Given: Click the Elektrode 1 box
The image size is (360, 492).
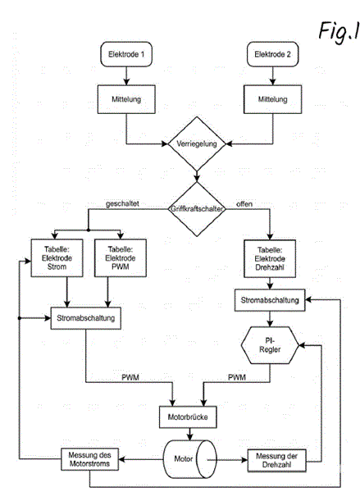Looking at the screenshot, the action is coord(126,54).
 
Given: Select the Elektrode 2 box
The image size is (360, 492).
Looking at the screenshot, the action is coord(272,54).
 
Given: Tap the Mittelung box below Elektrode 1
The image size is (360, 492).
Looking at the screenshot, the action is coord(126,99).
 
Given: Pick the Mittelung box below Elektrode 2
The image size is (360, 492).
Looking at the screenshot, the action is coord(272,99).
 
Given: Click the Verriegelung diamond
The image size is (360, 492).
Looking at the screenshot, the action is coord(197,143).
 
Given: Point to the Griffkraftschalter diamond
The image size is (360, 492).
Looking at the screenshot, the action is coord(197,209).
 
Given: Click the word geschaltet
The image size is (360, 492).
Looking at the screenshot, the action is coord(122,203).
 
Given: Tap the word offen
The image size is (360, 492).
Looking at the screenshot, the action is coord(244,204).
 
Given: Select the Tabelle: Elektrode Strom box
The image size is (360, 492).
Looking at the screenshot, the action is coord(57,258).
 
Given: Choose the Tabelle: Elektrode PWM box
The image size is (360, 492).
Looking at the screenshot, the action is coord(121,258).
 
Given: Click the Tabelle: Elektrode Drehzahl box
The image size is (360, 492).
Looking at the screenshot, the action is coord(270,258).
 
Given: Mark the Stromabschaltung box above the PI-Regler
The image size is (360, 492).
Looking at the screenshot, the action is coord(270,300).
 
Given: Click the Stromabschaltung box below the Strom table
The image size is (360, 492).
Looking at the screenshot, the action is coord(85,318).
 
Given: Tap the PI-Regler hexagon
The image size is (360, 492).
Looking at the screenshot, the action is coord(270,345).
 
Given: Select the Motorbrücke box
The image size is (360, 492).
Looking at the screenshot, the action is coord(188,417).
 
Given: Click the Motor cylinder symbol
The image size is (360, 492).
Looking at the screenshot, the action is coord(190,459).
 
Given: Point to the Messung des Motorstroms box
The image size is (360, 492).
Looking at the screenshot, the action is coord(89,459).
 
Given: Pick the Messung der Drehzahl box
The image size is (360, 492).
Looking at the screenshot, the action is coord(276,461).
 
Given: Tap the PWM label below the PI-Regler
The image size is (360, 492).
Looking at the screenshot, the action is coord(237,377).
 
